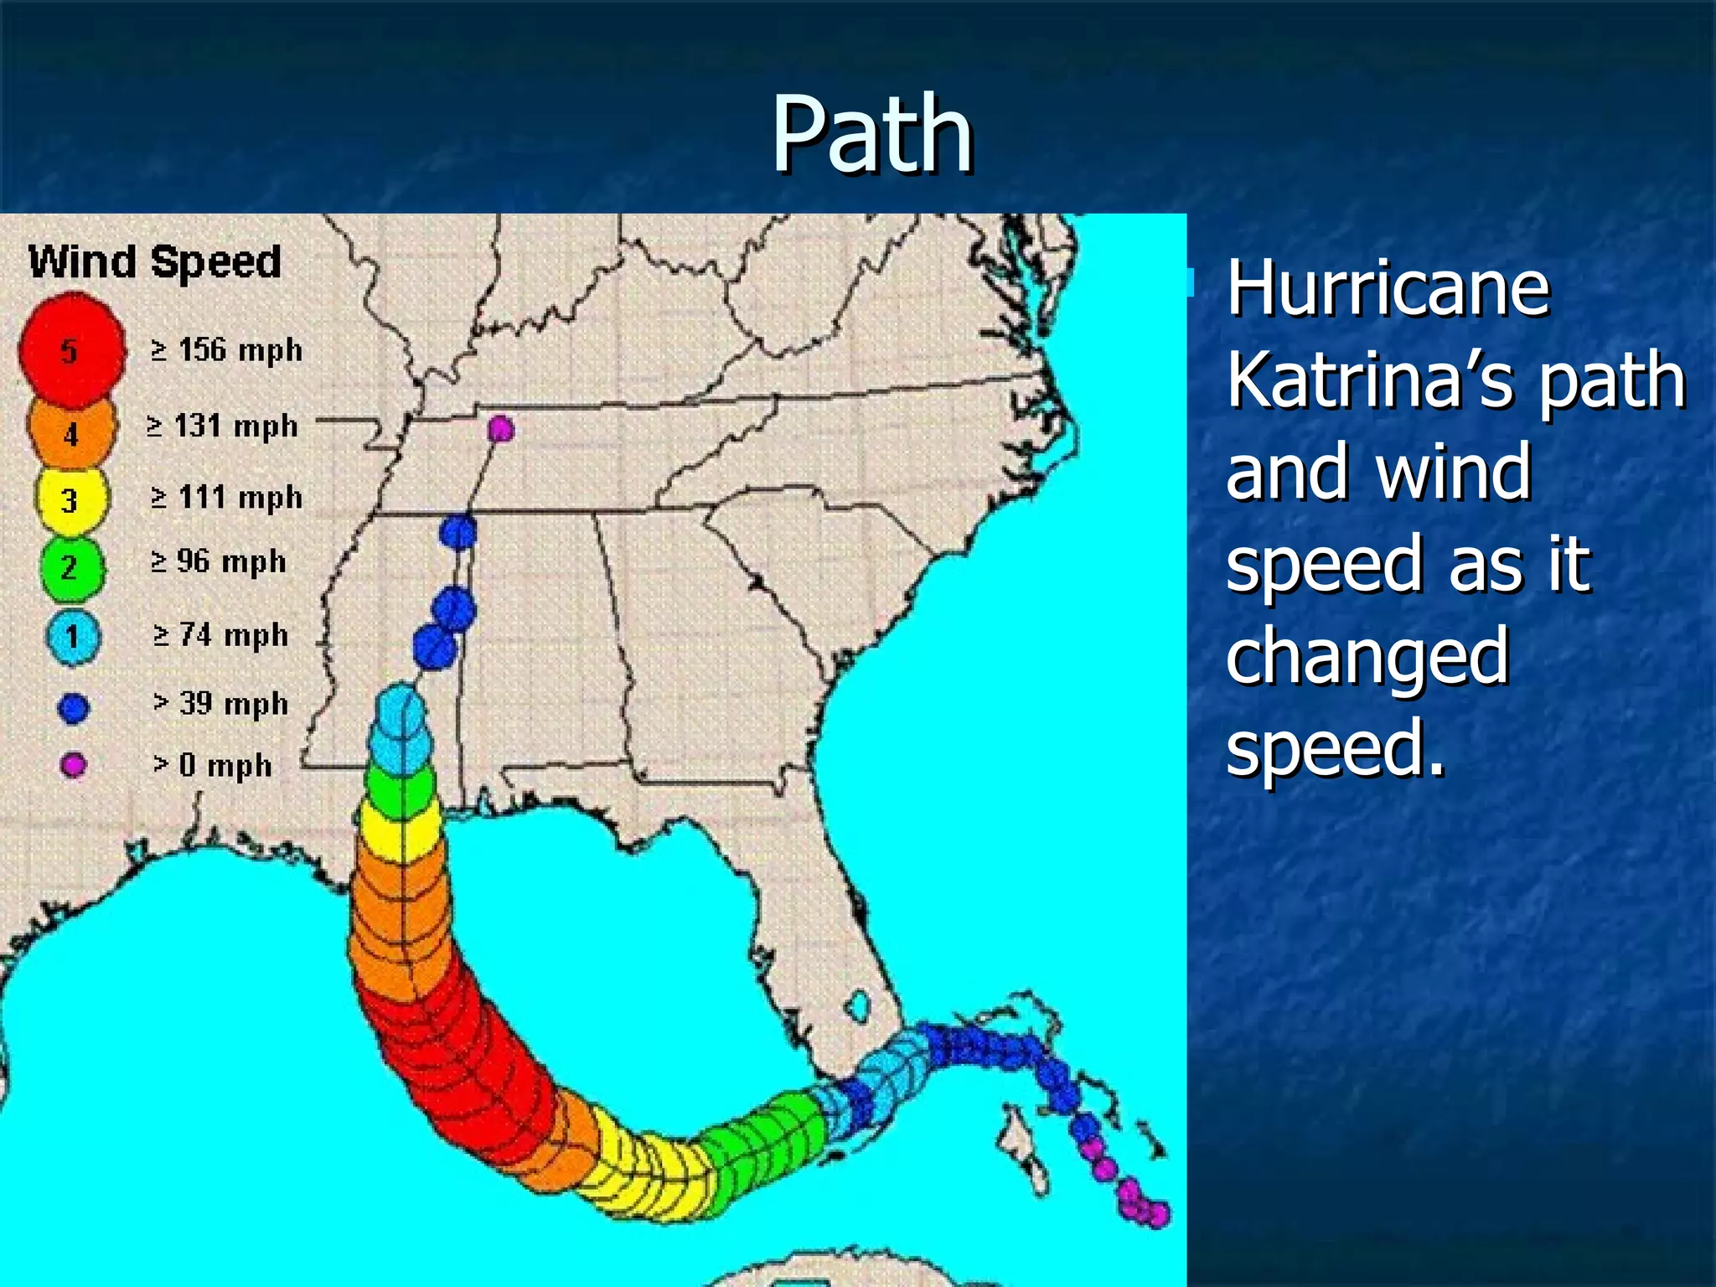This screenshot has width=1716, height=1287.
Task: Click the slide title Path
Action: (871, 134)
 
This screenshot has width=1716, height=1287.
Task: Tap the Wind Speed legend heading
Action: (155, 261)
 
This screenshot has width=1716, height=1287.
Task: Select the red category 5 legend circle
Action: (71, 350)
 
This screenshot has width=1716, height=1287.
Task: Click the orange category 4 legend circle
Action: (70, 432)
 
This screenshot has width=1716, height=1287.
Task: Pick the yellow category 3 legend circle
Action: (70, 500)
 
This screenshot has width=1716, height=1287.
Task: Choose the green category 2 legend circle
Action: (71, 568)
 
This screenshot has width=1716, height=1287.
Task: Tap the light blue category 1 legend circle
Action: (73, 637)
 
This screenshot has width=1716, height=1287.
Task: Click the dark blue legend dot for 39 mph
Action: (73, 708)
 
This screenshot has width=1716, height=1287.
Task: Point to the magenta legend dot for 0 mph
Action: (74, 765)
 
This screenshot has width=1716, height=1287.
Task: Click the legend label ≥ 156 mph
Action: (226, 350)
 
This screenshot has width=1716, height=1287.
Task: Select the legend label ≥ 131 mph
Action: (222, 426)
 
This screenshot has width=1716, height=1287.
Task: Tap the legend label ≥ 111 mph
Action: (226, 498)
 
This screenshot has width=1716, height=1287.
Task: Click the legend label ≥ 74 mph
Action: (221, 635)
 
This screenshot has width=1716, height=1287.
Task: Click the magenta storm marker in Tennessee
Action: (500, 429)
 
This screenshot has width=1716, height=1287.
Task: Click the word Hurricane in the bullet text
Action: (1388, 289)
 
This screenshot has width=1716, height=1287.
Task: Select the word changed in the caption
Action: (1367, 657)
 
